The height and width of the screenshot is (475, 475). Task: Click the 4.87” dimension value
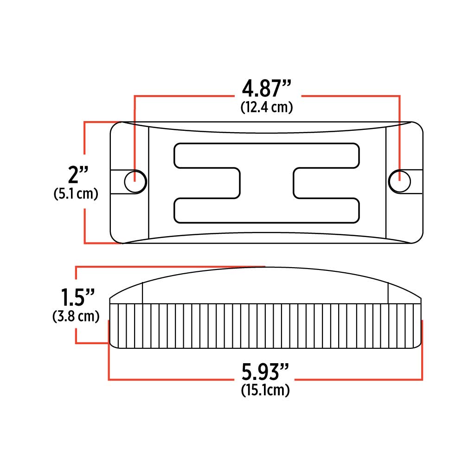(267, 88)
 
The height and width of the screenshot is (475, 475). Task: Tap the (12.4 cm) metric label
(267, 108)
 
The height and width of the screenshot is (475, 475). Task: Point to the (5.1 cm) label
(76, 194)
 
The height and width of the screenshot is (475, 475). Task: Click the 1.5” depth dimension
(78, 297)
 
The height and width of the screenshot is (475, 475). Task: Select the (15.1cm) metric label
(265, 391)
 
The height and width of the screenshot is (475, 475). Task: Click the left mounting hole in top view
(135, 181)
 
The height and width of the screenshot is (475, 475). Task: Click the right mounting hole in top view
(399, 181)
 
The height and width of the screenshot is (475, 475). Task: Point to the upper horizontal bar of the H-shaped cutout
(267, 154)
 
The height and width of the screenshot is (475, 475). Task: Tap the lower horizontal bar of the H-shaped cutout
(267, 210)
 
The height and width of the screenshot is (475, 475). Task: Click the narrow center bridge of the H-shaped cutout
(267, 182)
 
